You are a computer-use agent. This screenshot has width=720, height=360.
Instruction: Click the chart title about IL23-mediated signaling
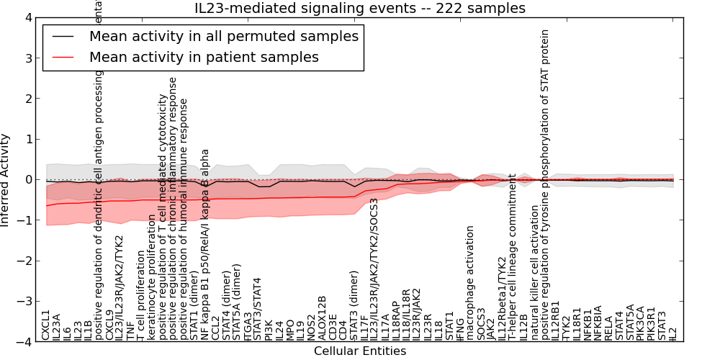tap(360, 8)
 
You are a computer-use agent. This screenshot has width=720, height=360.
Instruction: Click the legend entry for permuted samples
tap(223, 36)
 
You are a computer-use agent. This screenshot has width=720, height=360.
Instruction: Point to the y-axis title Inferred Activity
tap(6, 180)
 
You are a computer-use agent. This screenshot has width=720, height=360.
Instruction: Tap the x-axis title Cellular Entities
tap(360, 351)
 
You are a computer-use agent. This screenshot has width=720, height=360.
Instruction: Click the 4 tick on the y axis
tap(28, 17)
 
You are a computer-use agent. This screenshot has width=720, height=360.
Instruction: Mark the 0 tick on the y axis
tap(28, 180)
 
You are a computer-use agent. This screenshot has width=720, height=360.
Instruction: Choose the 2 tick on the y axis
tap(28, 99)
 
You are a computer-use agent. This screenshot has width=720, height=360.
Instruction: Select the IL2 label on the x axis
tap(672, 333)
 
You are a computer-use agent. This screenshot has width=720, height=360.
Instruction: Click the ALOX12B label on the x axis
tap(322, 318)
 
